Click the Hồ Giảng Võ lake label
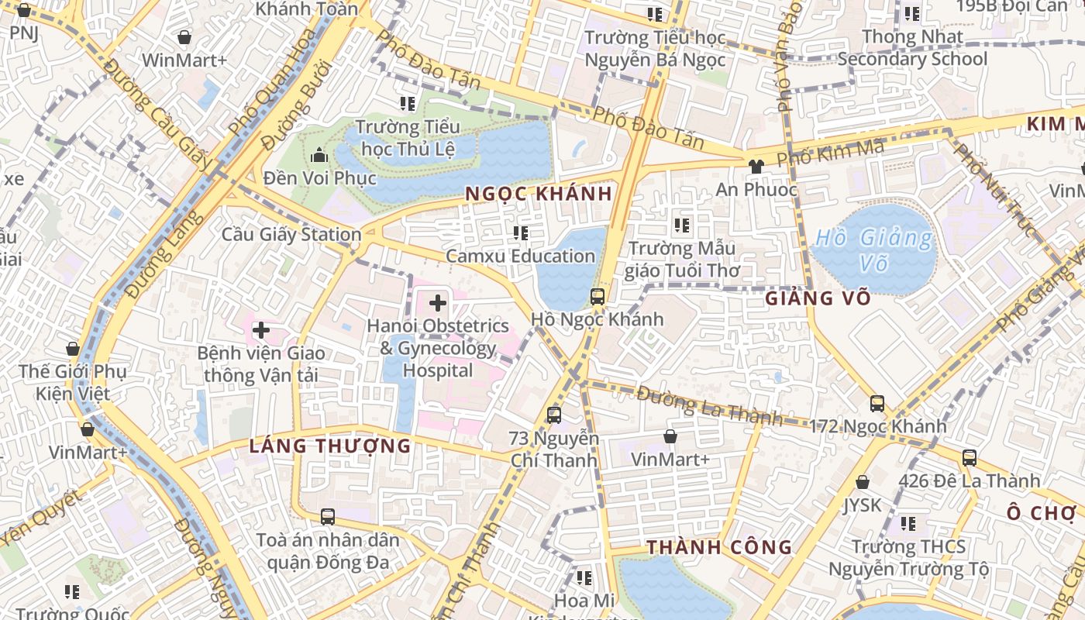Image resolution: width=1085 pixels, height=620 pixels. pyautogui.click(x=873, y=250)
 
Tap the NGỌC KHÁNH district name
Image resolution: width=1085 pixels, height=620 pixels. pyautogui.click(x=539, y=194)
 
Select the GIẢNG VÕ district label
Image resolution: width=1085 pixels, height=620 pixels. pyautogui.click(x=818, y=298)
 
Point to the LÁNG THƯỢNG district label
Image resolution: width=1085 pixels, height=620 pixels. pyautogui.click(x=330, y=446)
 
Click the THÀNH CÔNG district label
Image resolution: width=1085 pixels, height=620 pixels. pyautogui.click(x=720, y=547)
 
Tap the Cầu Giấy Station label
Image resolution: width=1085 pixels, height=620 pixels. pyautogui.click(x=291, y=234)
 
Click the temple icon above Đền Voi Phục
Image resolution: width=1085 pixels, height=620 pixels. pyautogui.click(x=319, y=156)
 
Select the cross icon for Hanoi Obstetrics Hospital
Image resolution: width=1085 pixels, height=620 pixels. pyautogui.click(x=438, y=303)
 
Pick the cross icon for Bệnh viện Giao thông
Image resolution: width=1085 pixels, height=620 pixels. pyautogui.click(x=261, y=330)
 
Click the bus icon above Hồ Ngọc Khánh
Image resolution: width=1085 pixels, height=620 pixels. pyautogui.click(x=597, y=296)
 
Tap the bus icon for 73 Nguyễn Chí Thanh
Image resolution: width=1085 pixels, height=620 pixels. pyautogui.click(x=554, y=415)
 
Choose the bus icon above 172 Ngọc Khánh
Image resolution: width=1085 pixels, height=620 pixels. pyautogui.click(x=877, y=403)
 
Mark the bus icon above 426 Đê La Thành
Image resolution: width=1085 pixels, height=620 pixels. pyautogui.click(x=969, y=457)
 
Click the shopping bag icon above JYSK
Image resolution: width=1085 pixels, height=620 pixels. pyautogui.click(x=862, y=482)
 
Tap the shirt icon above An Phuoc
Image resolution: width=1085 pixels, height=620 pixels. pyautogui.click(x=756, y=166)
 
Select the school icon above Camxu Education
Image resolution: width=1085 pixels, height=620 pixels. pyautogui.click(x=520, y=232)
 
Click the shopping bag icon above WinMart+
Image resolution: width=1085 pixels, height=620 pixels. pyautogui.click(x=184, y=37)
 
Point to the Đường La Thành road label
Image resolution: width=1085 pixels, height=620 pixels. pyautogui.click(x=709, y=405)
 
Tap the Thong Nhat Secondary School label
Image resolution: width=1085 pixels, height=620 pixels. pyautogui.click(x=912, y=47)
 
